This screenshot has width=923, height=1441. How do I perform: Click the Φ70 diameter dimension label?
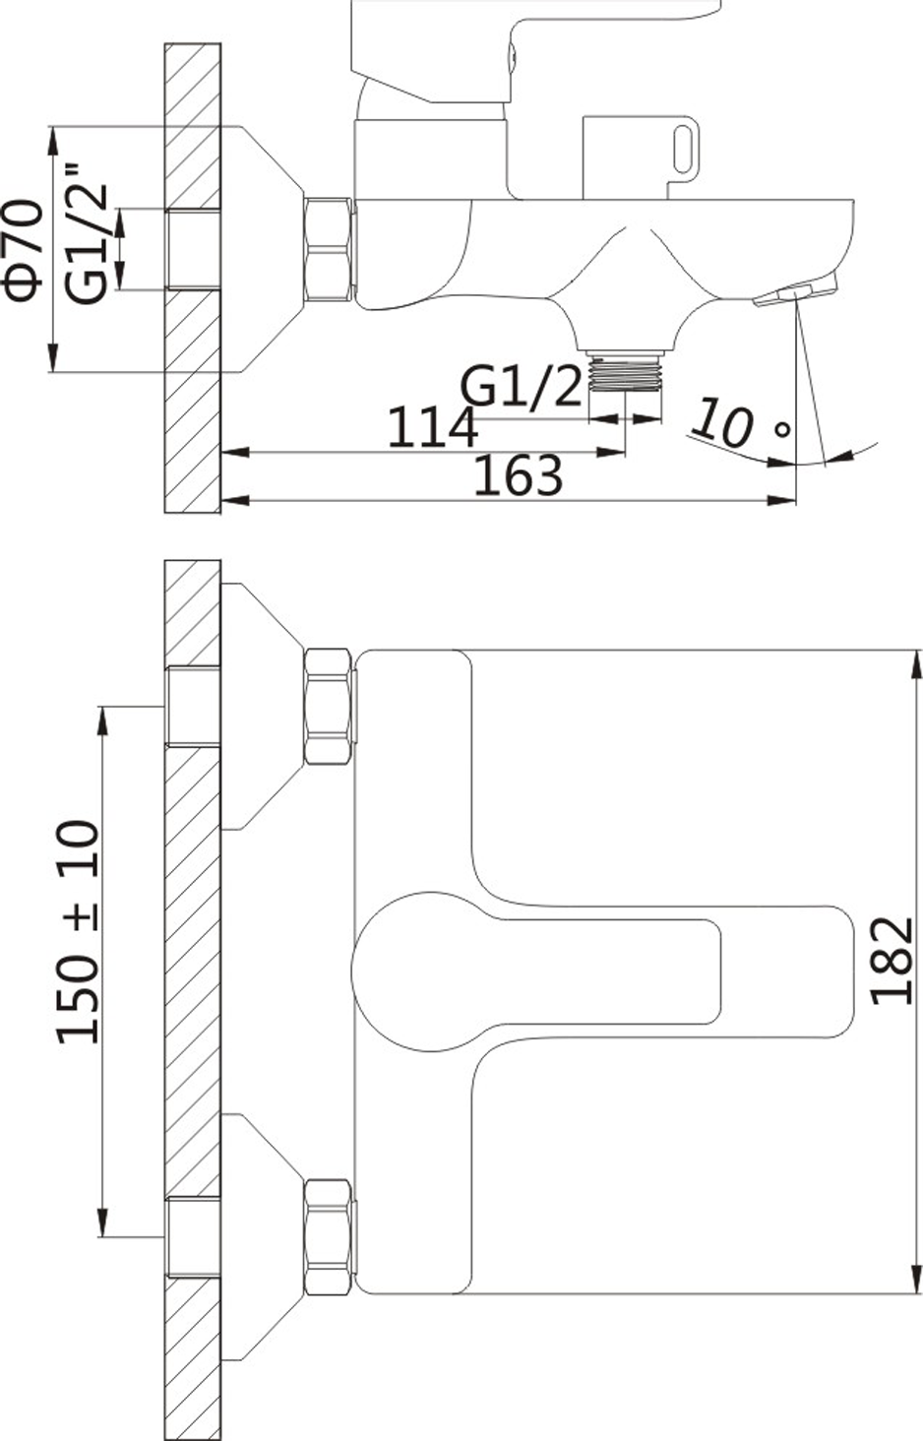[25, 250]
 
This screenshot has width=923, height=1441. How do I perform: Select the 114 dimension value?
[433, 426]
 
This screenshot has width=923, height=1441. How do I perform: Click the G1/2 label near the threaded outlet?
[521, 387]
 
